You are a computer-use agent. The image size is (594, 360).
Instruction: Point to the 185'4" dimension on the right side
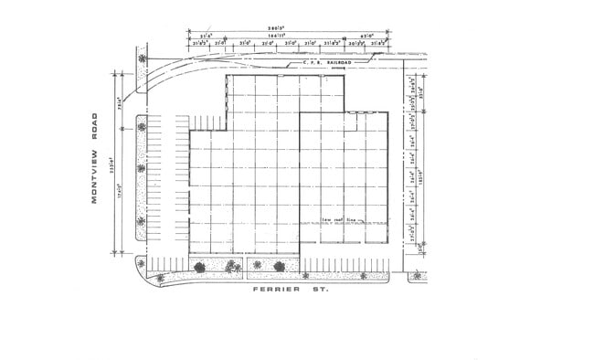pos(421,174)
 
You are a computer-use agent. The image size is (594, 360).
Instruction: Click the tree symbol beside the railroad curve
pos(142,59)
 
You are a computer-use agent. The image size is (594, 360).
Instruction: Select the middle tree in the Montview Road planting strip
pos(142,167)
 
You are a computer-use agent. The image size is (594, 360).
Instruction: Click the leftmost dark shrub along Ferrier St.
pos(199,267)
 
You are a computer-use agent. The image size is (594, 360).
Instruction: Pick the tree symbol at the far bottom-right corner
pos(417,274)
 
